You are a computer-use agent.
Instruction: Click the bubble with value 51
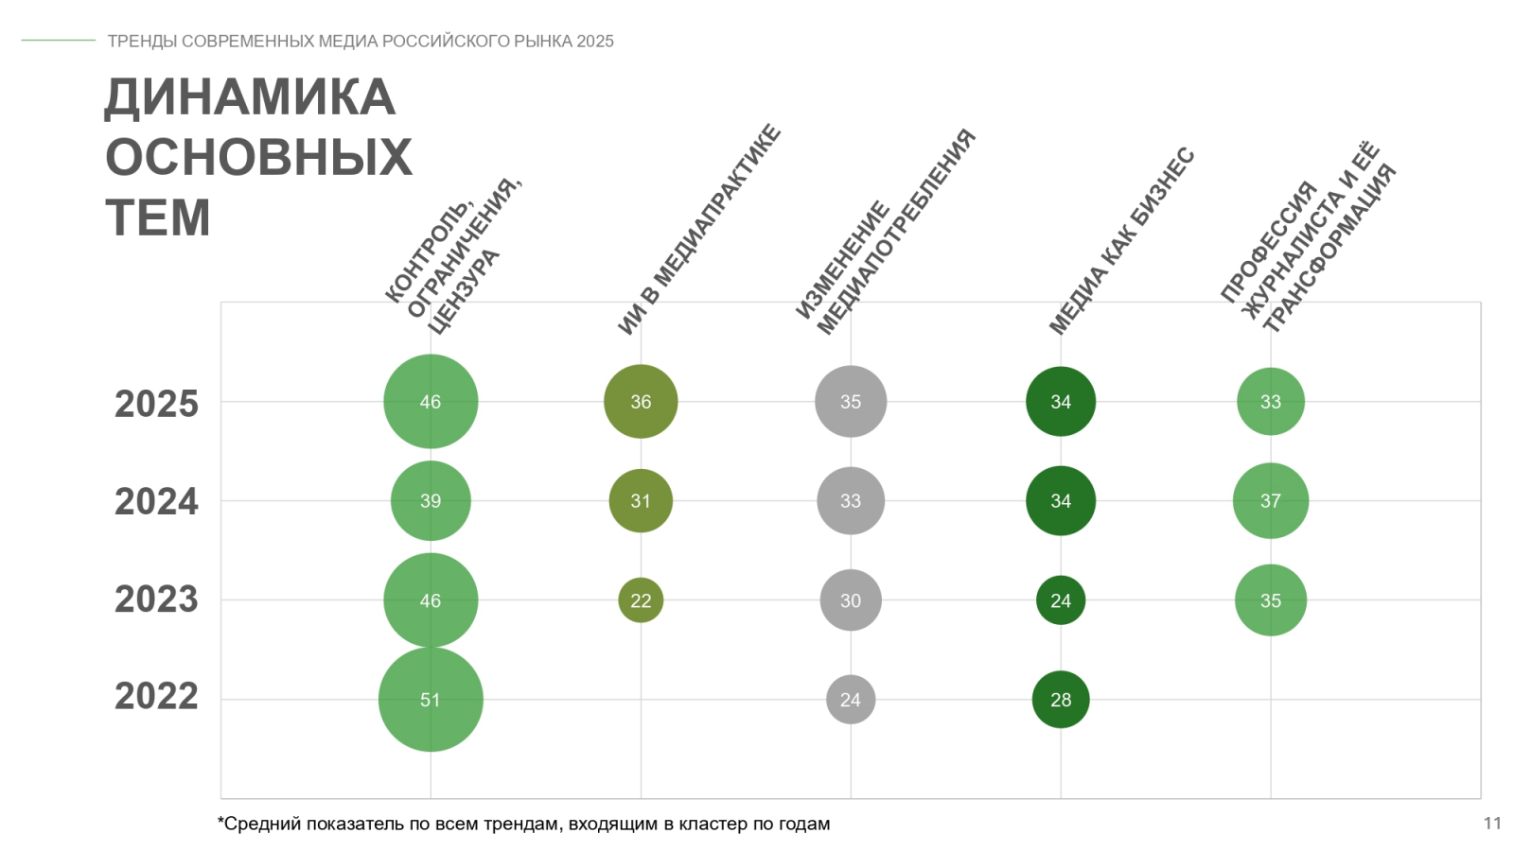tap(431, 700)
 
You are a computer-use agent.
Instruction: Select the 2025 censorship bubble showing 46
tap(431, 402)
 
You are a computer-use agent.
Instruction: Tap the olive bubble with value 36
tap(641, 402)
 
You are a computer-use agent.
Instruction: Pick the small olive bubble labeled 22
tap(641, 600)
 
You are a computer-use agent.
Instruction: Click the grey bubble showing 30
tap(851, 600)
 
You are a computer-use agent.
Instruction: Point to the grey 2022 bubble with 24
tap(851, 700)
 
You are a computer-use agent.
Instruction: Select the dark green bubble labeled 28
tap(1061, 700)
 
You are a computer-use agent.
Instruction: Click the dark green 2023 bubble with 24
tap(1061, 600)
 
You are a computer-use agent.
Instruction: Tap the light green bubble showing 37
tap(1271, 501)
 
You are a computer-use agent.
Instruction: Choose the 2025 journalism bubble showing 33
tap(1271, 402)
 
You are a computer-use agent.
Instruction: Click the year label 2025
tap(156, 404)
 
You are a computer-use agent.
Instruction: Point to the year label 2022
tap(156, 697)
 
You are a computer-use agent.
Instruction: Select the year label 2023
tap(156, 599)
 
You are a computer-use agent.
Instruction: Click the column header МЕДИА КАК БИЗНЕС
tap(1121, 242)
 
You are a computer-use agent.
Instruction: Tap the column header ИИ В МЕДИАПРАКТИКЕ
tap(699, 230)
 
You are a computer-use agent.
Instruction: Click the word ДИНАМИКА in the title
tap(250, 97)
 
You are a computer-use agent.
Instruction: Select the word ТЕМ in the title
tap(157, 217)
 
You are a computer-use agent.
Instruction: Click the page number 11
tap(1492, 824)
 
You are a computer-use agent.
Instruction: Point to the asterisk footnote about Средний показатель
tap(524, 824)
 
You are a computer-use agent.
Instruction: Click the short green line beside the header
tap(59, 41)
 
